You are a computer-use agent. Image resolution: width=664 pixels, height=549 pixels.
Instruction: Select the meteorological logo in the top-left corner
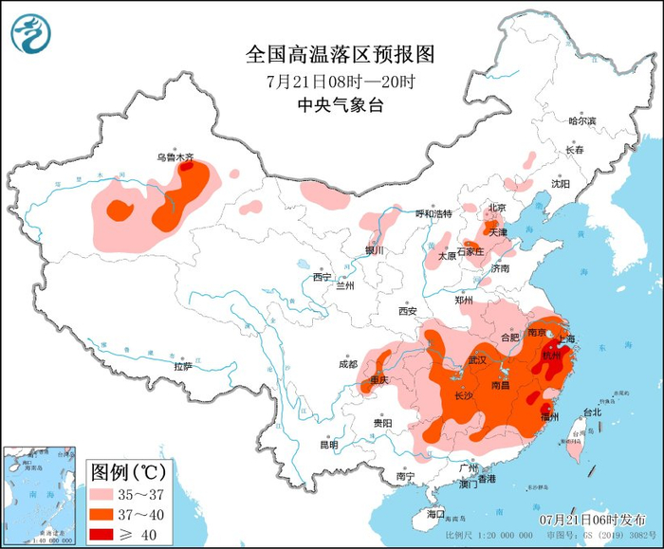(30, 33)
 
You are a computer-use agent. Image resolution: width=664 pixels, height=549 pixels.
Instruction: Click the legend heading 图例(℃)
(128, 471)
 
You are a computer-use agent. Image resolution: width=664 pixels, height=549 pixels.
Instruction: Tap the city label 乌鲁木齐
(175, 157)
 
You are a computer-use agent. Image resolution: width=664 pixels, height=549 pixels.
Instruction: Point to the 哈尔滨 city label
(581, 121)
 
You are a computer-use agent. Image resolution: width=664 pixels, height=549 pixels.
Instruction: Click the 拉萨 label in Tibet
(183, 366)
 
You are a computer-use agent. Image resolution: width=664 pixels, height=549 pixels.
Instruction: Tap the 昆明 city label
(328, 445)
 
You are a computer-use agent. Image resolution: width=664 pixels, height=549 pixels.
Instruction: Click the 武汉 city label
(477, 360)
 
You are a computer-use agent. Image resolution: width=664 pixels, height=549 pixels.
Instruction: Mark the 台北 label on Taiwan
(592, 412)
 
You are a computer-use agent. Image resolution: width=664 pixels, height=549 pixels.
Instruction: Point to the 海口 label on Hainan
(435, 513)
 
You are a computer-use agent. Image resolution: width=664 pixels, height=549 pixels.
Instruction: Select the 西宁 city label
(322, 277)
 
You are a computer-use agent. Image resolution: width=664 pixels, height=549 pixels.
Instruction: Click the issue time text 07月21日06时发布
(588, 520)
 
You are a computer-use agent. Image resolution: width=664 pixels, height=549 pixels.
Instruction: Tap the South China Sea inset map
(39, 496)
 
